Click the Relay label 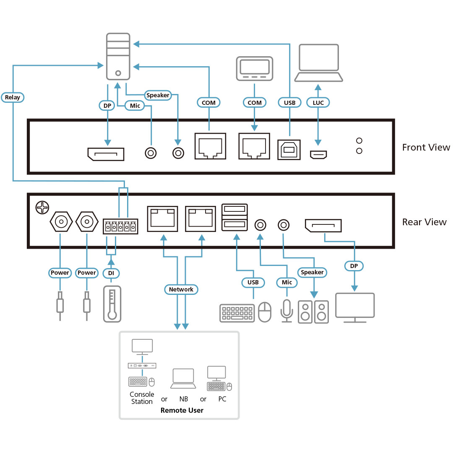click(13, 97)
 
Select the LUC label click(318, 102)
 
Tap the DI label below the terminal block click(111, 273)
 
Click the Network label click(181, 289)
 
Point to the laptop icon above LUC click(318, 63)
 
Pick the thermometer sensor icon click(112, 304)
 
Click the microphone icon click(287, 311)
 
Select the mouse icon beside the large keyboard click(265, 312)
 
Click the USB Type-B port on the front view click(289, 148)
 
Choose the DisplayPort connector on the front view click(106, 154)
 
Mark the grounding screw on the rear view click(43, 207)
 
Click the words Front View click(426, 147)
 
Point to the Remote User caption click(182, 410)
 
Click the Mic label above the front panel click(135, 106)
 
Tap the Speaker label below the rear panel click(312, 272)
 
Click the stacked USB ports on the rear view click(234, 217)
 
